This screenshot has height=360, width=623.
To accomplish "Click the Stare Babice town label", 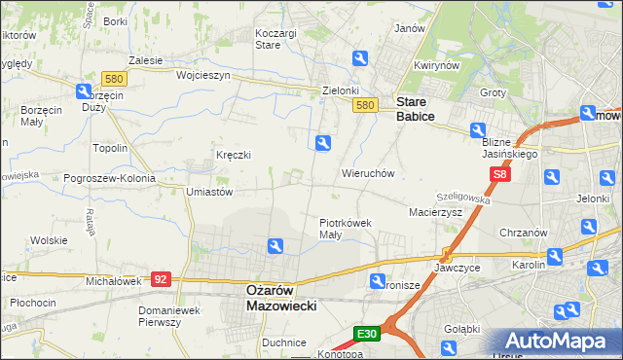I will (x=415, y=107).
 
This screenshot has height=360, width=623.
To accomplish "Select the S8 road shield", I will (x=499, y=175).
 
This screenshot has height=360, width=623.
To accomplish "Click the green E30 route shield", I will (x=366, y=334).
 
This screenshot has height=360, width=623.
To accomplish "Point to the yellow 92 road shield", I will (x=162, y=279).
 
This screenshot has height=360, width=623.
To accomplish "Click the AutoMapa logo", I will (x=552, y=342).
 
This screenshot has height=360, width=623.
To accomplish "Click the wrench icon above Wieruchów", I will (x=323, y=143).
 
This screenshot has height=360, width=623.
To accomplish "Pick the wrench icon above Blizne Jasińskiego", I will (x=478, y=130).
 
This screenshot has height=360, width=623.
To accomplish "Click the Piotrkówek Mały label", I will (x=346, y=228).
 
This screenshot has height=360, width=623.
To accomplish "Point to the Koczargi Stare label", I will (x=275, y=38).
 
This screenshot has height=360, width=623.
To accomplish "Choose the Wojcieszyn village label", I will (x=202, y=74).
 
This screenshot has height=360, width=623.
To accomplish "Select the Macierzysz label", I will (x=435, y=210).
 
